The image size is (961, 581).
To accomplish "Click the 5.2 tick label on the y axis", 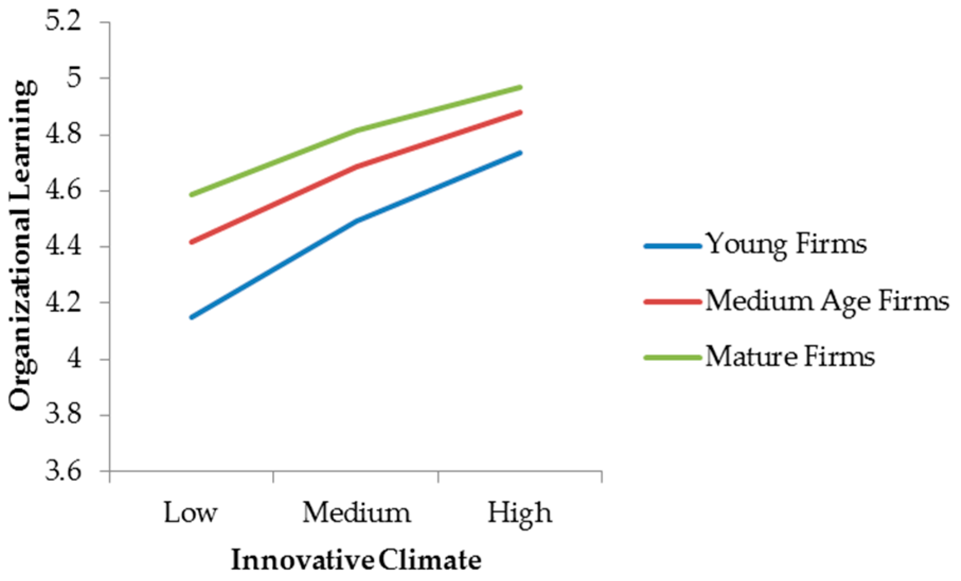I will coord(63,23).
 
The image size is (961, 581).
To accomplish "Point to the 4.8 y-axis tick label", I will coord(63,135).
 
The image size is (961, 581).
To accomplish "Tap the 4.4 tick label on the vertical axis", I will coord(63,247).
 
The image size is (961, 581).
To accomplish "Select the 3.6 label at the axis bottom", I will coord(63,471).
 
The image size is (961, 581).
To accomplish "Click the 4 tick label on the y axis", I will coord(74,359).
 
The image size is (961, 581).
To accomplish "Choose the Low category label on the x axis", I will coord(190,513).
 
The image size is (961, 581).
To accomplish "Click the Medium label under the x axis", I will coord(356,513).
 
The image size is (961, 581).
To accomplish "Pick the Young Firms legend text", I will coord(786,244).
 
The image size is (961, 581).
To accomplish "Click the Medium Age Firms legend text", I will coord(827,301).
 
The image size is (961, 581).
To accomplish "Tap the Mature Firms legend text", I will coord(789,356).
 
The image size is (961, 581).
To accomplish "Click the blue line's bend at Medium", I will coord(356,221).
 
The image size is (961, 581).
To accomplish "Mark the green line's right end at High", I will coord(521,87).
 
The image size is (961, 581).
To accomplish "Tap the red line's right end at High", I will coord(521,112).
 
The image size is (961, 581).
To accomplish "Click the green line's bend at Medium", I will coord(356,130).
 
